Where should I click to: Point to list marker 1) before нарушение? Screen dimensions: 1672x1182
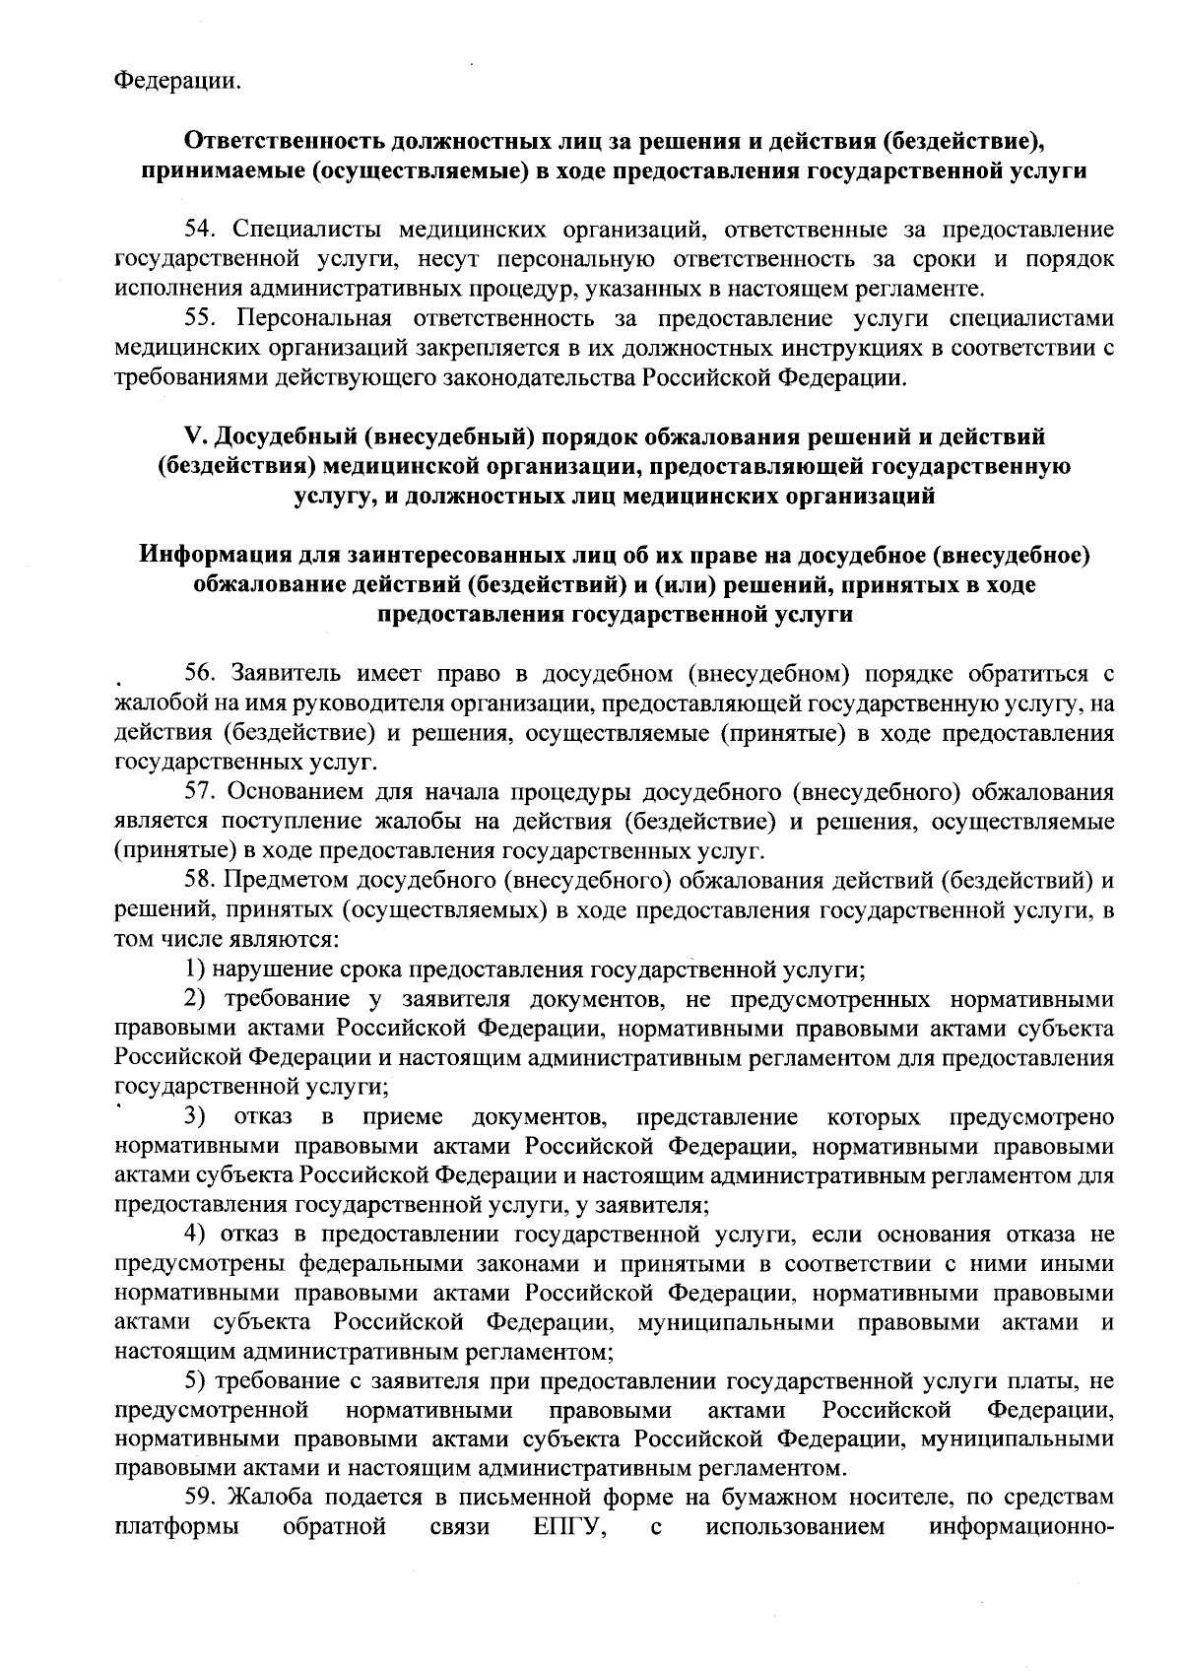[x=194, y=970]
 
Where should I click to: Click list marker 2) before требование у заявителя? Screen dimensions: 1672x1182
[x=194, y=999]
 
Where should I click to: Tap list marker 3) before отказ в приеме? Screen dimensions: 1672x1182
[x=194, y=1117]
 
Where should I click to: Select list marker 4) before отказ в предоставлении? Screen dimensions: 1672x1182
[x=194, y=1235]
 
